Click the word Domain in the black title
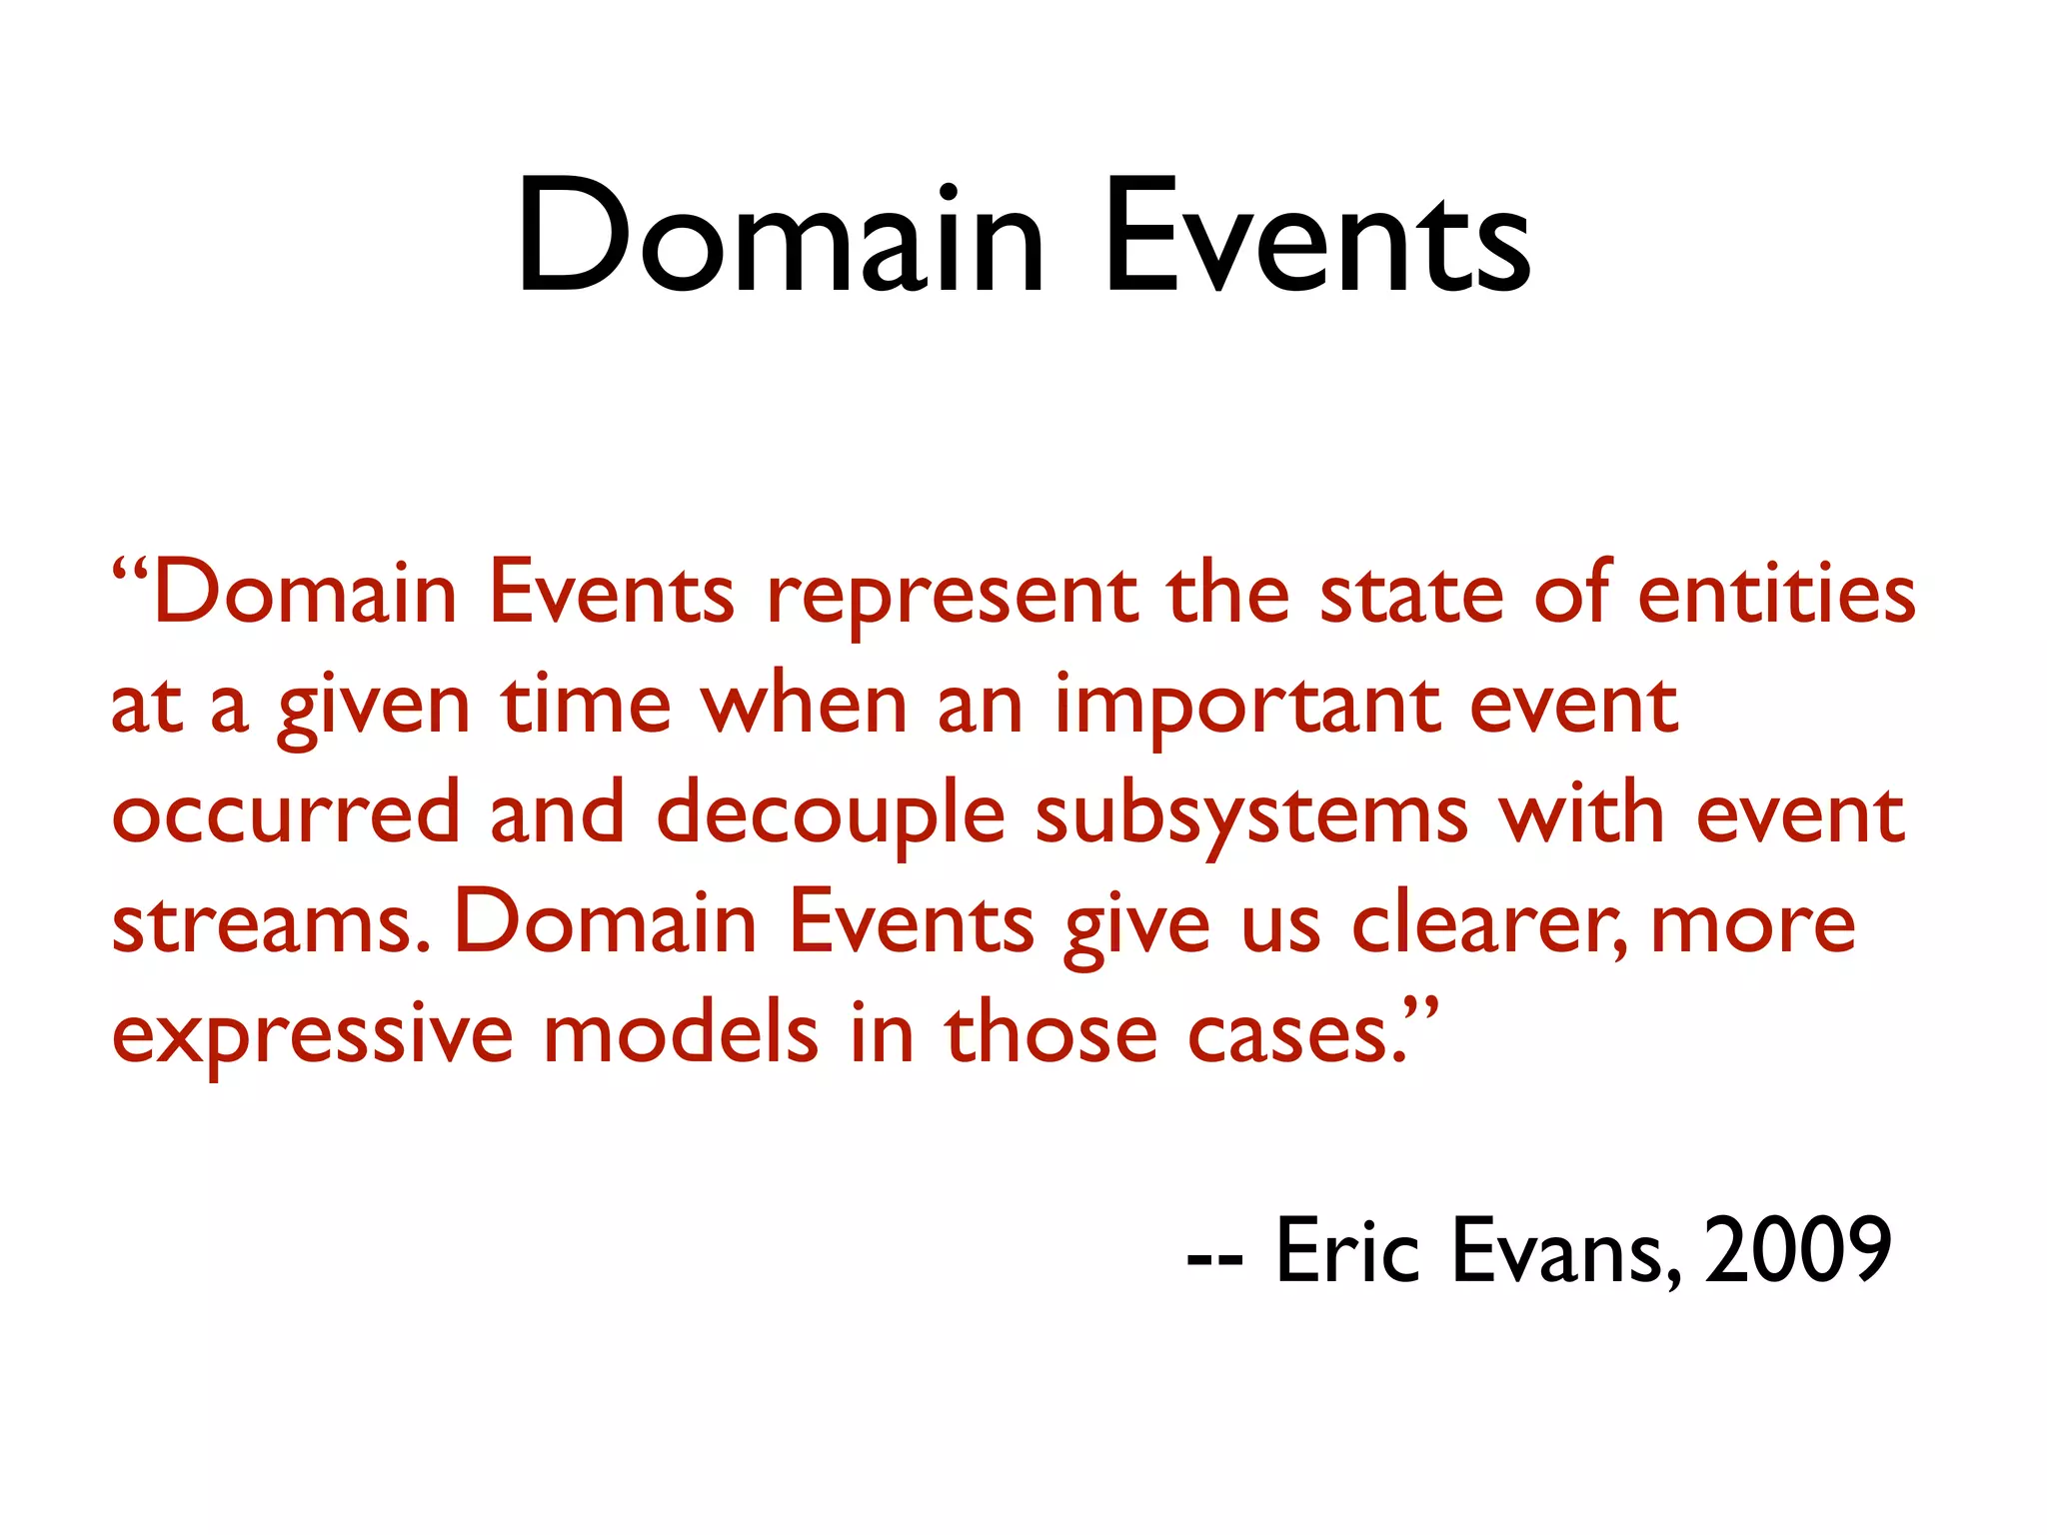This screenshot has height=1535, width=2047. click(x=780, y=238)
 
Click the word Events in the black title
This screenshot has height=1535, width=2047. click(x=1317, y=238)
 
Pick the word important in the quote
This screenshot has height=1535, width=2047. click(x=1247, y=708)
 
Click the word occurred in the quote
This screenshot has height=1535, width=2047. click(x=286, y=815)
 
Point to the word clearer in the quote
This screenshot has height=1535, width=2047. click(x=1489, y=925)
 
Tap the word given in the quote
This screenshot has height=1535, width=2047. click(x=374, y=708)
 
